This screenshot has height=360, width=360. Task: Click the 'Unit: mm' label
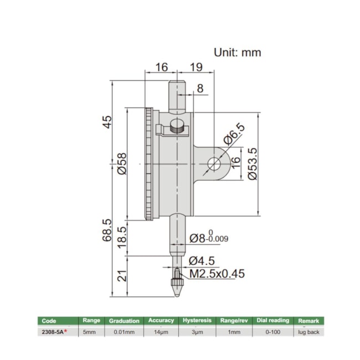click(x=237, y=53)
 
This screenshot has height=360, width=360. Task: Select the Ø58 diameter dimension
click(x=123, y=164)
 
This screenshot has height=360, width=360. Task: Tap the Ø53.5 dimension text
click(x=253, y=164)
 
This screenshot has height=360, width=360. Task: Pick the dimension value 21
click(x=123, y=275)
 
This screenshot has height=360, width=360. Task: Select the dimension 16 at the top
click(x=161, y=68)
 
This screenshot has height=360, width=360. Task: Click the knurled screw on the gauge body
click(x=177, y=127)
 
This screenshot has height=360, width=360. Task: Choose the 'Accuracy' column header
click(x=161, y=321)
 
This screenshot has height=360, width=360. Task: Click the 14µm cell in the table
click(x=161, y=331)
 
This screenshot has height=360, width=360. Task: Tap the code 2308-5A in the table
click(x=54, y=331)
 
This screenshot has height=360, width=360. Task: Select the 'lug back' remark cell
click(x=308, y=331)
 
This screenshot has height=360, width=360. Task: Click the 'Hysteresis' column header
click(x=197, y=321)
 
